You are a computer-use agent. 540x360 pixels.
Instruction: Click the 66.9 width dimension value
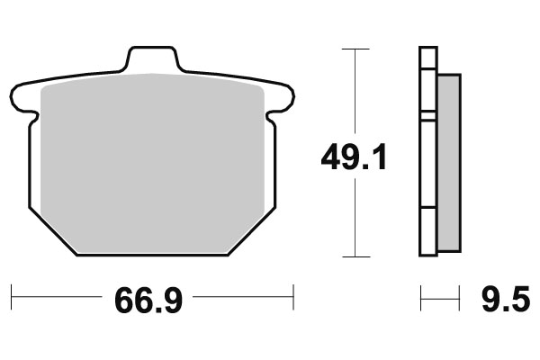coord(149,298)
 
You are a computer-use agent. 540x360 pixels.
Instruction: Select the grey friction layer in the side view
coord(448,162)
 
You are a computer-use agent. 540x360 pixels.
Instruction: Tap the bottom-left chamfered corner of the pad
coord(49,232)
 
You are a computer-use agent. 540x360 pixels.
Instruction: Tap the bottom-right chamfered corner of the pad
coord(255,232)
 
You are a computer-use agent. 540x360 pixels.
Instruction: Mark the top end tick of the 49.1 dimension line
coord(356,48)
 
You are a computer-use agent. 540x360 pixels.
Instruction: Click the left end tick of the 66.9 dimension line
coord(11,294)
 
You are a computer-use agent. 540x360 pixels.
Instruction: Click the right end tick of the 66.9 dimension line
coord(293,294)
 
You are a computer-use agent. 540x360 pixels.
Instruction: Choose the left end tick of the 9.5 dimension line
coord(421,294)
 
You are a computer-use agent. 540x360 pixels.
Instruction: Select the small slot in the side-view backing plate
coord(428,115)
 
